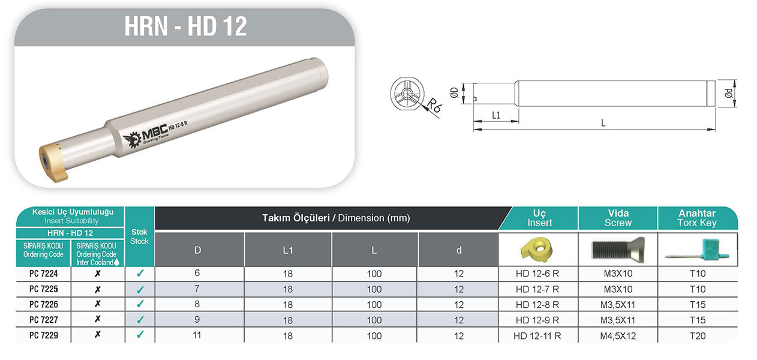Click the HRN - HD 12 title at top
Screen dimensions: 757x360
pyautogui.click(x=185, y=26)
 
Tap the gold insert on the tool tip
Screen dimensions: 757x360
pyautogui.click(x=54, y=163)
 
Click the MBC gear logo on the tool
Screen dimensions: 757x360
pyautogui.click(x=133, y=139)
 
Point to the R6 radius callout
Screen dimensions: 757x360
pyautogui.click(x=434, y=105)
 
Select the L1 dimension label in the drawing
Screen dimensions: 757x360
pyautogui.click(x=495, y=115)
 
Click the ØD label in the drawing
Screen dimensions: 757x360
pyautogui.click(x=455, y=92)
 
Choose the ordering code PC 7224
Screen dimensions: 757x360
pyautogui.click(x=44, y=274)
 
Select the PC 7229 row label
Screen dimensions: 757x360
pyautogui.click(x=44, y=335)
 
